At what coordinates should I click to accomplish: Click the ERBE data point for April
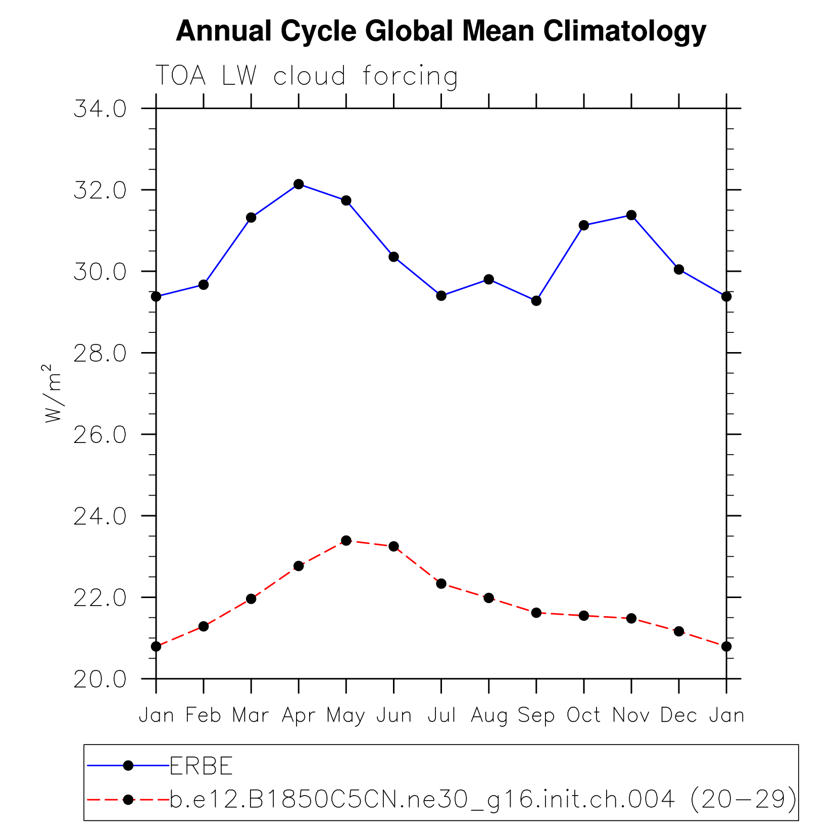299,184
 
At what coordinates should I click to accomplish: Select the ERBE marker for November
631,215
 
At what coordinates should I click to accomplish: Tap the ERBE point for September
536,301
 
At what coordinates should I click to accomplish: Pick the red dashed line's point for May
346,540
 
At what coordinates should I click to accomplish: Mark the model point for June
393,547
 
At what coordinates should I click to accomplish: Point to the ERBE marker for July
441,295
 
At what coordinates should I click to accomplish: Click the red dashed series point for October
584,616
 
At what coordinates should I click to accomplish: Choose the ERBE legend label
201,766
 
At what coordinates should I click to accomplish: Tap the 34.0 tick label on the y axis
100,109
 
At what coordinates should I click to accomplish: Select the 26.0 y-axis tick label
100,435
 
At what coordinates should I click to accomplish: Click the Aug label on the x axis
489,716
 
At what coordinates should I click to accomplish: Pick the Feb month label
203,715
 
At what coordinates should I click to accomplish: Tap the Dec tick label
679,715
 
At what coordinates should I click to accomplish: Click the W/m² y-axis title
53,393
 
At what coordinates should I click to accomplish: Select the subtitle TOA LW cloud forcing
307,76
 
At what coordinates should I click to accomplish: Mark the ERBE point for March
251,218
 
